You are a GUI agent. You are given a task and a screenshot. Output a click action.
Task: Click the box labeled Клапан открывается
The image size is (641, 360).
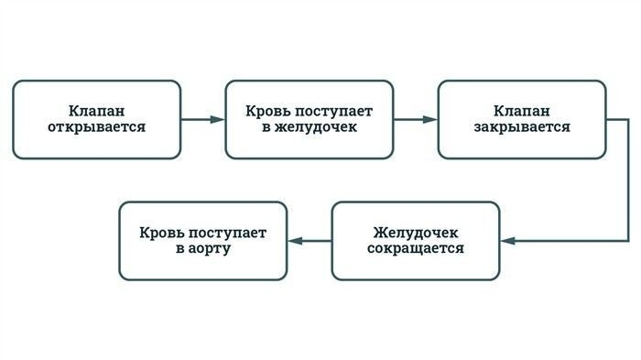coord(96,119)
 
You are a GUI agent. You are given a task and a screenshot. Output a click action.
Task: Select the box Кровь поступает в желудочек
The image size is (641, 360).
coord(309,119)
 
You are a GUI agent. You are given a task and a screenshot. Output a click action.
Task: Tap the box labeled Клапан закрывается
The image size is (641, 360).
coord(521,119)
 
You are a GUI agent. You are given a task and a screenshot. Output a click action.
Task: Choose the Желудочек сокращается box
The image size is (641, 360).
coord(415,240)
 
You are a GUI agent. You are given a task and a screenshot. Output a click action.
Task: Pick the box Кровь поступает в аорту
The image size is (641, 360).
coord(203,240)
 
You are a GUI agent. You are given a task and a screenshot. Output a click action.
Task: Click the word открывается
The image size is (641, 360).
coord(96,128)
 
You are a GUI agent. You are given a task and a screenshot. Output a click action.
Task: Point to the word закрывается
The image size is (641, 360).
coord(522,128)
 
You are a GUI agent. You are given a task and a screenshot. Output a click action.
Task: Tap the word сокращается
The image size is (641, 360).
coord(416,249)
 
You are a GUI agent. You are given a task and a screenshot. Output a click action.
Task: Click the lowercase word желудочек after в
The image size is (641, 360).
coord(317,128)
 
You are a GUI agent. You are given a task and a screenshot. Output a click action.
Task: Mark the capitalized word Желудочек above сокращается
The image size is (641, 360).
coord(416,232)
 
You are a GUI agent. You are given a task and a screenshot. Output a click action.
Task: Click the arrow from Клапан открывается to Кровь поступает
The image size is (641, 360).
coord(202,119)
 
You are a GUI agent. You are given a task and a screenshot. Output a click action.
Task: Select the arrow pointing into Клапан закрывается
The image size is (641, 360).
coord(415,119)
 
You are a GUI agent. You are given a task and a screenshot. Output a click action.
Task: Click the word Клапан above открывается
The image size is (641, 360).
coord(96,110)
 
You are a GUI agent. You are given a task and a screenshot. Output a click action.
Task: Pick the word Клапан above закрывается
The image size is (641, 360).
coord(522,110)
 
